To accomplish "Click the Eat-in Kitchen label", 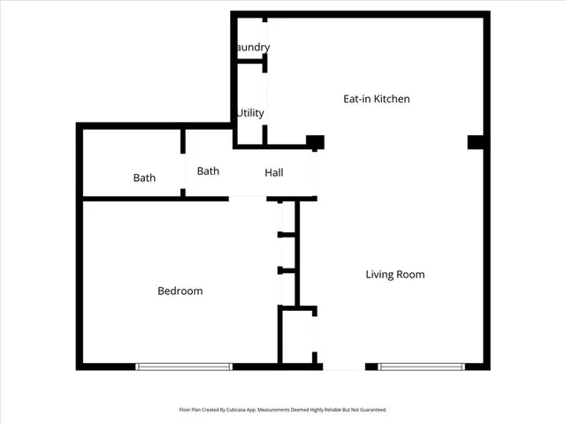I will click(376, 99).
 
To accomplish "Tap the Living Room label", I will click(395, 275).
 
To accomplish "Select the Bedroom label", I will click(180, 291).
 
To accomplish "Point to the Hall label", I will click(274, 172).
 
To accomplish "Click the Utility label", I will click(250, 113).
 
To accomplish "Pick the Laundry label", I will click(251, 47).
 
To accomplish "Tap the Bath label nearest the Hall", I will click(208, 171).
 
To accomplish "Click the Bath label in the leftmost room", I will click(144, 178).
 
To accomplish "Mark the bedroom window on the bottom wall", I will click(183, 367).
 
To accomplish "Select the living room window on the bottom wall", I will click(421, 367).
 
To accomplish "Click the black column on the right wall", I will click(476, 142).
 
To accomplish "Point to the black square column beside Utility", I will click(315, 141).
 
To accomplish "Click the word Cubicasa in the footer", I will click(239, 410).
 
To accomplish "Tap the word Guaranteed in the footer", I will click(374, 410).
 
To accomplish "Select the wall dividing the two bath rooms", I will click(182, 163).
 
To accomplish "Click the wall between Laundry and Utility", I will click(249, 61).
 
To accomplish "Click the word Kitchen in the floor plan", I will click(391, 99).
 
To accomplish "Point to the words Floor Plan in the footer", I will click(189, 410).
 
